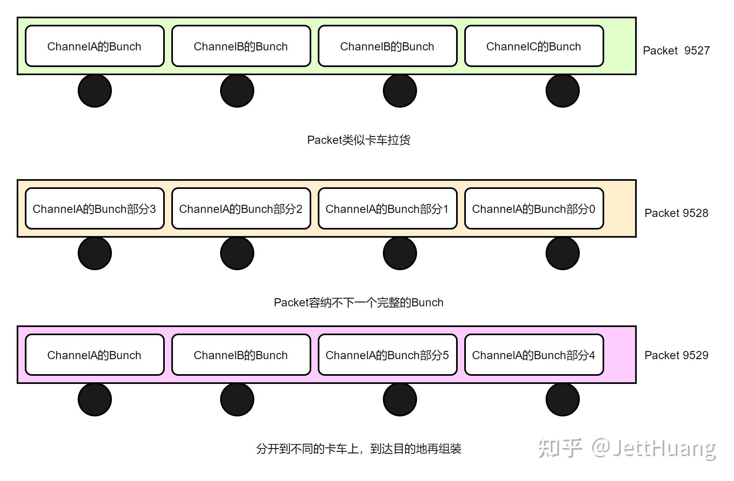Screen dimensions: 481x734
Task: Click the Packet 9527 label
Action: pos(676,50)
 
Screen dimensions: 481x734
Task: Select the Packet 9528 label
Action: pos(676,213)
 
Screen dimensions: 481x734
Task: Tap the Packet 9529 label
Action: pos(676,355)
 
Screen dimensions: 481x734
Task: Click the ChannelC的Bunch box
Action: pos(534,46)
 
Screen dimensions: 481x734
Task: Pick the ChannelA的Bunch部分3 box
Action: pos(94,209)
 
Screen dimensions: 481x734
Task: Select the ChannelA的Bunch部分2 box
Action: pos(241,209)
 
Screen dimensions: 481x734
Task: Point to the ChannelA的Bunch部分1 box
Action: pos(387,209)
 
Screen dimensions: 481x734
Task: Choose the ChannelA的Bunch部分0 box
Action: pos(534,209)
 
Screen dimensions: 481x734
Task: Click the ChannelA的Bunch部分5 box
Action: pos(387,355)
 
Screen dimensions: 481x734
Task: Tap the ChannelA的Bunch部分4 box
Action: pos(534,355)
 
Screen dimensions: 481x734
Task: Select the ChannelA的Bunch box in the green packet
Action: pos(94,46)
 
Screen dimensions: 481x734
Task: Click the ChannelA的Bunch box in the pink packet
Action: pos(94,355)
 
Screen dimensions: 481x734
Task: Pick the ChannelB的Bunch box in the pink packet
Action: pos(241,355)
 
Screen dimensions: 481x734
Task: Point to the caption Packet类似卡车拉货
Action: pos(358,140)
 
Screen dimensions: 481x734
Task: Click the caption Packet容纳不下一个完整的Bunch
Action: pos(358,303)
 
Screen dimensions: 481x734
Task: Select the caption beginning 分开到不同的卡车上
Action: pos(358,449)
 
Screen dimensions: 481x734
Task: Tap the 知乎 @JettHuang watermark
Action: pos(627,448)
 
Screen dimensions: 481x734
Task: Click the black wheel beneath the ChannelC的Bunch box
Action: pos(562,91)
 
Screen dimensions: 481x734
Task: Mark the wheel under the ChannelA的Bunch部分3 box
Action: pos(95,253)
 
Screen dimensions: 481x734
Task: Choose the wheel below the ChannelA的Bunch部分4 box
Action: pos(562,400)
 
